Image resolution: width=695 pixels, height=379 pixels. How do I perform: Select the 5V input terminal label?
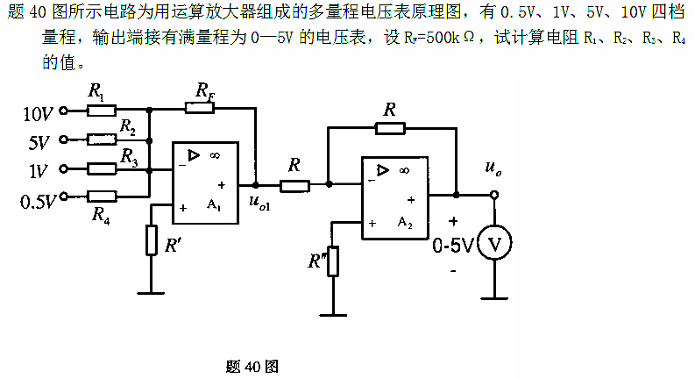[40, 140]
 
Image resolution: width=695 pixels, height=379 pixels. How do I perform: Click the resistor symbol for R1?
[103, 111]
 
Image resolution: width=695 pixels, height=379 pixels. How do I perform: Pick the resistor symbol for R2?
[103, 139]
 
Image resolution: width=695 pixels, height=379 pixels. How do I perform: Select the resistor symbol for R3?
[103, 168]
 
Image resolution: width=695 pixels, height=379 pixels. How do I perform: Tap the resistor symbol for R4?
[103, 196]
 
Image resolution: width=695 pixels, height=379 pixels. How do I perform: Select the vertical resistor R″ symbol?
[333, 261]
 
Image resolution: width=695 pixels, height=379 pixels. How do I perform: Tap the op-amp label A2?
[403, 224]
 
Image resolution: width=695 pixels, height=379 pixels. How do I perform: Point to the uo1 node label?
[259, 205]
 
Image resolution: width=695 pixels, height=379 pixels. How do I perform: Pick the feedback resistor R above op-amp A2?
[390, 128]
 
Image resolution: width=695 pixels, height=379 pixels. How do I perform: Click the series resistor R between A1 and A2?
[294, 185]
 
